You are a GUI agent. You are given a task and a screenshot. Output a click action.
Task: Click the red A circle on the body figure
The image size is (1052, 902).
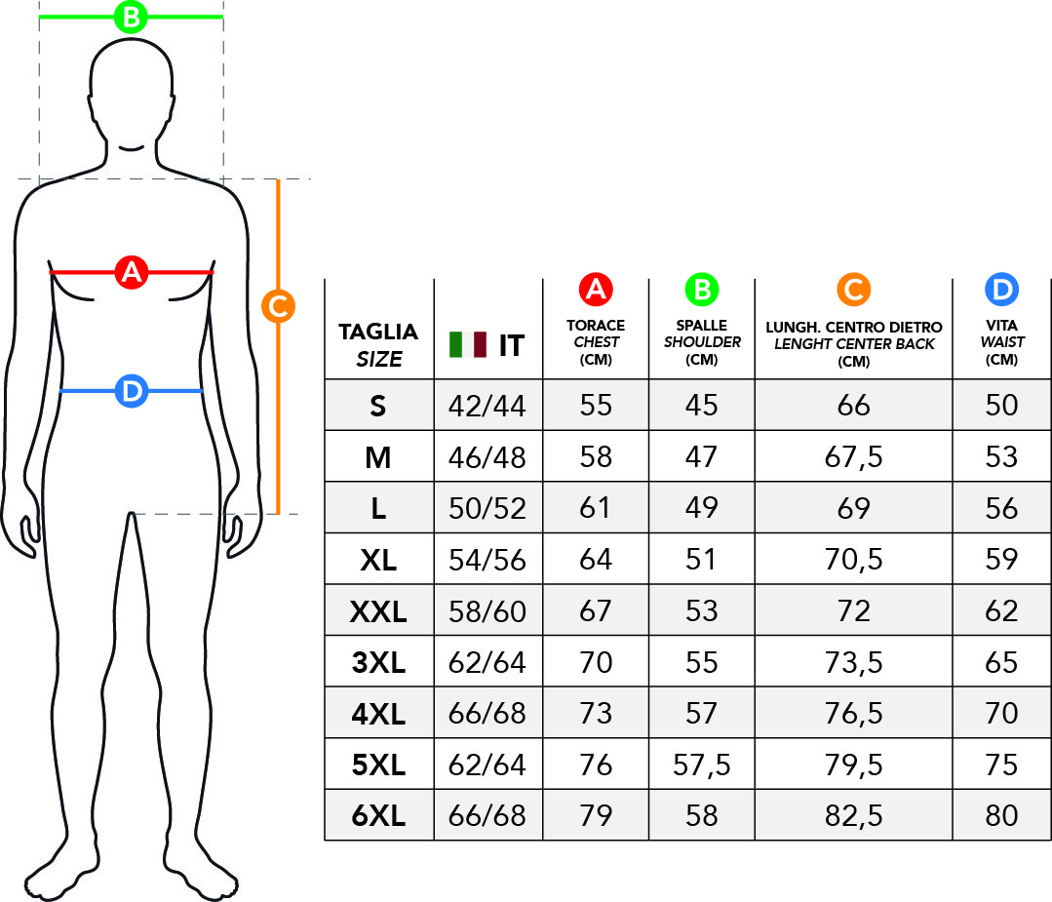[132, 272]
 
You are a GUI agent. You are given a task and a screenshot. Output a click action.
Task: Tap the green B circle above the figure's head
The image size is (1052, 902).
[131, 17]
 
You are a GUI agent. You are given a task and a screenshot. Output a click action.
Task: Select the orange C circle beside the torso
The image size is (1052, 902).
[278, 306]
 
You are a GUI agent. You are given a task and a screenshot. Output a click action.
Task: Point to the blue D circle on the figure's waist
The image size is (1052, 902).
[132, 391]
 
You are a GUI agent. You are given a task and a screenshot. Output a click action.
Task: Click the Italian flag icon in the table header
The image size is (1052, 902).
[468, 344]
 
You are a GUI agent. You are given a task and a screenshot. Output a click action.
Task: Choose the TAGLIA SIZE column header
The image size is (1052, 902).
[378, 345]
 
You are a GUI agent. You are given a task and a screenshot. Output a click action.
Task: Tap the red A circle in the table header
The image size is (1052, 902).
[596, 290]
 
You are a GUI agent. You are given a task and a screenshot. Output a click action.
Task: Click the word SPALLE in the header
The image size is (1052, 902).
[702, 325]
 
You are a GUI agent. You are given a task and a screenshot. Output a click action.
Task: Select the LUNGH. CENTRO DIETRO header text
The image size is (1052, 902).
[853, 327]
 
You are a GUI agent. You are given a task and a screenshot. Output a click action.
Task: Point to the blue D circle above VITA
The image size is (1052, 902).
[1001, 290]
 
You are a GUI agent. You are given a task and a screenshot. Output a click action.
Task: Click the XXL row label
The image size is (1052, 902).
[378, 611]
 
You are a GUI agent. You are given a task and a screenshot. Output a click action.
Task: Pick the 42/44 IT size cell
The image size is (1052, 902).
[487, 406]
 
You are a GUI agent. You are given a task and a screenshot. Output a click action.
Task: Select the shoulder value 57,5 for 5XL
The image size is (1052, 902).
[702, 765]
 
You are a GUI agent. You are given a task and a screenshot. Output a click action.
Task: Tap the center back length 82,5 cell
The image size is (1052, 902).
[853, 816]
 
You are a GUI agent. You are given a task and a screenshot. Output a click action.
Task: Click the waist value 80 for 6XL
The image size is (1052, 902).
[1001, 815]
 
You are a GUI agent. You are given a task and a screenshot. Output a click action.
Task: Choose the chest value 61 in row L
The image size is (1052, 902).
[596, 508]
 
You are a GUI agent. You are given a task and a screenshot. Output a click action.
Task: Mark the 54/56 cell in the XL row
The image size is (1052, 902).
[487, 560]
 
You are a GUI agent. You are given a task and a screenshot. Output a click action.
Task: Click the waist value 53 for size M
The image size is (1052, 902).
[1001, 457]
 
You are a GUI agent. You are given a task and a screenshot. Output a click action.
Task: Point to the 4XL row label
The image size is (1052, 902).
[378, 714]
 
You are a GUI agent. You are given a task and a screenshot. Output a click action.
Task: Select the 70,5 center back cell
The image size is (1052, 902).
[853, 560]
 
